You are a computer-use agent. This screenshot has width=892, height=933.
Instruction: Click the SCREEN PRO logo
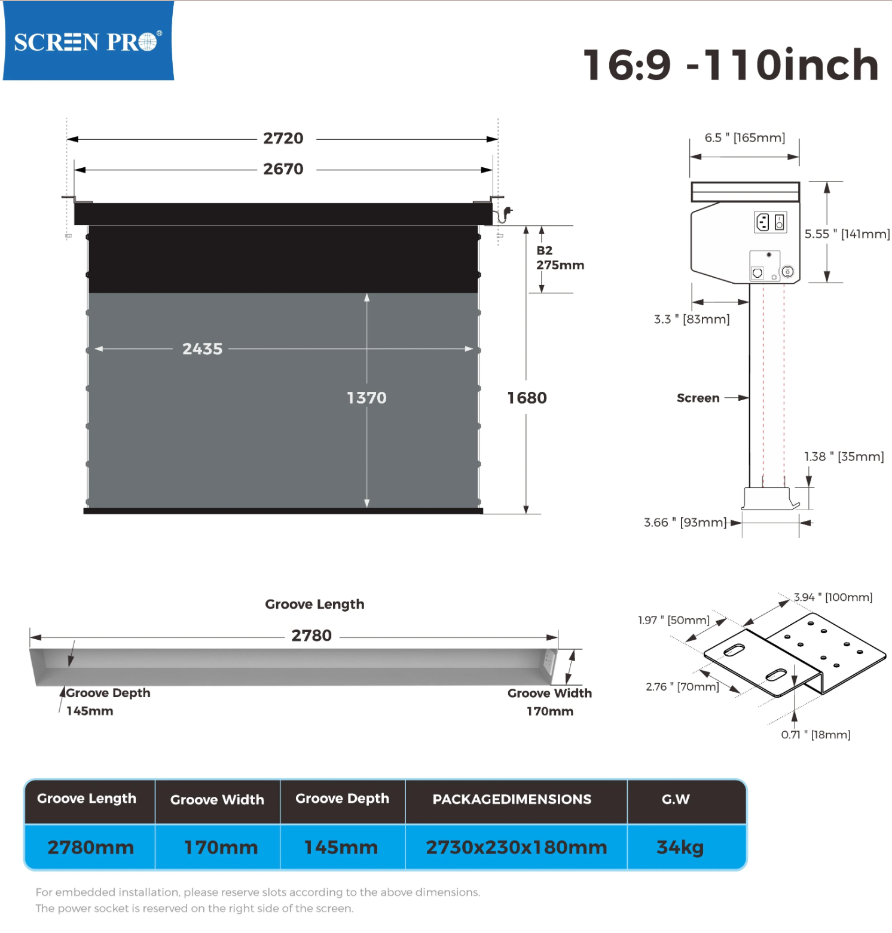pos(88,41)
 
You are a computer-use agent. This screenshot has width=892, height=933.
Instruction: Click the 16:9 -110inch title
pos(731,65)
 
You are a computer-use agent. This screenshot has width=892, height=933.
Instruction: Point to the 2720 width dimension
pos(283,139)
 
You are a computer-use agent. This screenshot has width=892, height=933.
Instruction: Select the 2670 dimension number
pos(283,169)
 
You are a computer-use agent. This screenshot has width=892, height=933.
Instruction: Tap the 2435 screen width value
pos(202,349)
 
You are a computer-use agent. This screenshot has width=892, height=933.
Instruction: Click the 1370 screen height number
pos(366,398)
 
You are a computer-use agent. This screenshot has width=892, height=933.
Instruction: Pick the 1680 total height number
pos(527,398)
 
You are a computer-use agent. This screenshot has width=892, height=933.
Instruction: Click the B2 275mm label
pos(560,258)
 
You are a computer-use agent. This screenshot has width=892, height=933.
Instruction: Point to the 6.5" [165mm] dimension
pos(744,138)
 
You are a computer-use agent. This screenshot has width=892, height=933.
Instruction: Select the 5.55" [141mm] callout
pos(847,234)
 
